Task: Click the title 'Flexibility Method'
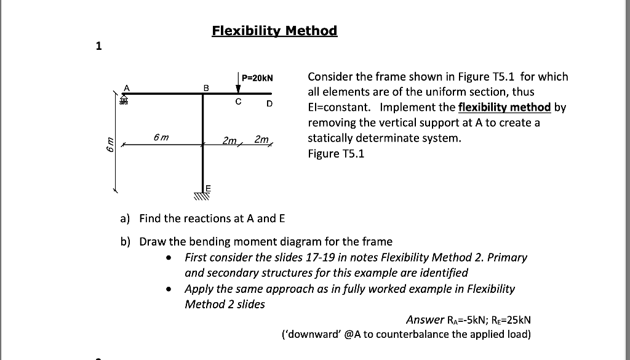[x=274, y=31]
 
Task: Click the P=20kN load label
[x=257, y=78]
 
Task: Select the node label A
[x=127, y=87]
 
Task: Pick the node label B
[x=207, y=87]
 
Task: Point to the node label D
[x=269, y=104]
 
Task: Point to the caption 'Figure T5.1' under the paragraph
[x=336, y=154]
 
